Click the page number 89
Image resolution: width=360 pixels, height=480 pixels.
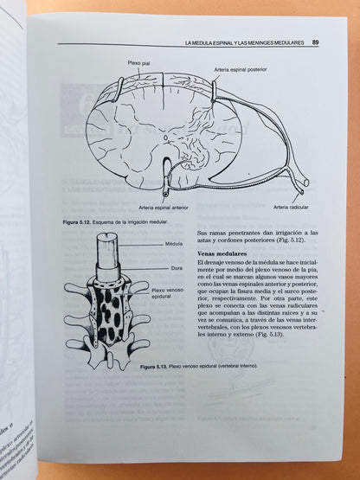[x=316, y=42]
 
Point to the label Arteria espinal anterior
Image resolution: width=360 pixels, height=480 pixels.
[x=164, y=207]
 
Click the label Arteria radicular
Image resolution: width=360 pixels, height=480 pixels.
[x=291, y=207]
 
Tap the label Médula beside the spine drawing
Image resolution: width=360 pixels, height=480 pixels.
[x=173, y=244]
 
